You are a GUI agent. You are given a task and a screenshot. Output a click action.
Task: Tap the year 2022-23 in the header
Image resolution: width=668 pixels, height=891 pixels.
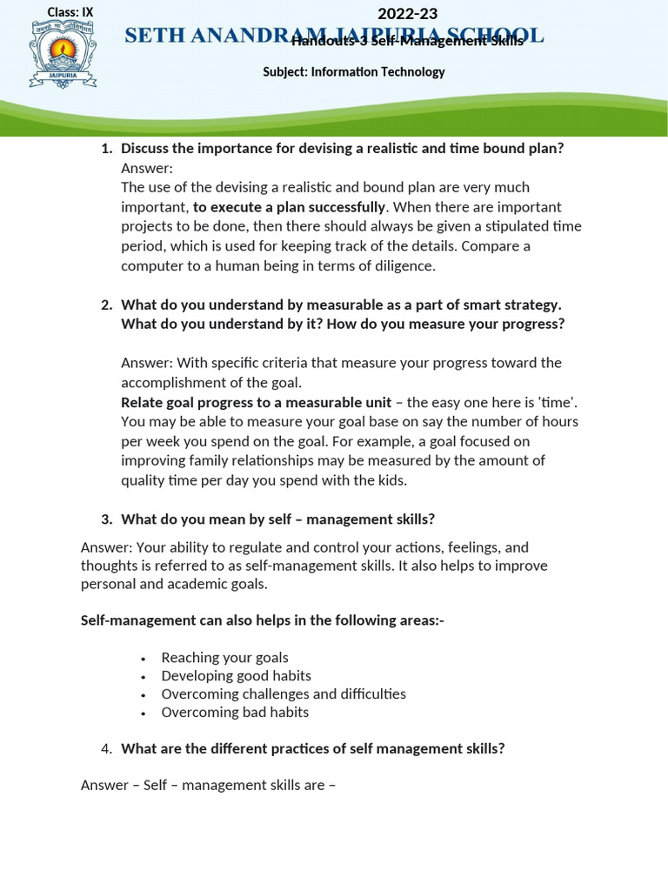click(407, 13)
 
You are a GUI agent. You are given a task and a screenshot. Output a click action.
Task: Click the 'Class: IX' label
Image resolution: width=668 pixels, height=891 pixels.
click(70, 12)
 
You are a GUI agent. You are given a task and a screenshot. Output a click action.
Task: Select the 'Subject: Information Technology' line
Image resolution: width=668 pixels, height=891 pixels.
click(353, 72)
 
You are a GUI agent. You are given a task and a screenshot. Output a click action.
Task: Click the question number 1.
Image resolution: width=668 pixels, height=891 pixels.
click(106, 148)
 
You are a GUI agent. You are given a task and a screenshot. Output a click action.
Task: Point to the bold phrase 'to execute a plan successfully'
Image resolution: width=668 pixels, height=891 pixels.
click(289, 207)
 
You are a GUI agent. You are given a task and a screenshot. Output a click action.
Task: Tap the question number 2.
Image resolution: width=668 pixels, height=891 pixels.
click(106, 305)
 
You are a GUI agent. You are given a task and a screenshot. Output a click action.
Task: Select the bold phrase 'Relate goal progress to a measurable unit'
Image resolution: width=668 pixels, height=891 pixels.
click(256, 402)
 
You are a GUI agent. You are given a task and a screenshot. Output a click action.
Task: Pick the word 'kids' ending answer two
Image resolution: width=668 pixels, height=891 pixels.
click(389, 479)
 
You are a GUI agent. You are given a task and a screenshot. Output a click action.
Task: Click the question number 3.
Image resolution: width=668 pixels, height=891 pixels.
click(106, 519)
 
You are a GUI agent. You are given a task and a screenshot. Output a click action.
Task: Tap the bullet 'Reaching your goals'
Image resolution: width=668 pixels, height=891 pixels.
click(224, 658)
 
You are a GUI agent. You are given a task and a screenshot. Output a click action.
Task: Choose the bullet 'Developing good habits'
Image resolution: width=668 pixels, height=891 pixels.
click(236, 676)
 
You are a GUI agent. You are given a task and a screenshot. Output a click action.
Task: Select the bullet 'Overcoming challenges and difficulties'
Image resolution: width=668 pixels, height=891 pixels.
click(284, 694)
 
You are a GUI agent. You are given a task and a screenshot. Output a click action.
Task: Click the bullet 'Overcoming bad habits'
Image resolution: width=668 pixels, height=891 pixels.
click(235, 713)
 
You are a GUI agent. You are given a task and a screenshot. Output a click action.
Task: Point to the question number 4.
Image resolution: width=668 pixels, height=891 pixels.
click(106, 748)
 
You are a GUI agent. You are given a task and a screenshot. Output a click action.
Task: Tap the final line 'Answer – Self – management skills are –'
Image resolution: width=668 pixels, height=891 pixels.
click(208, 785)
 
